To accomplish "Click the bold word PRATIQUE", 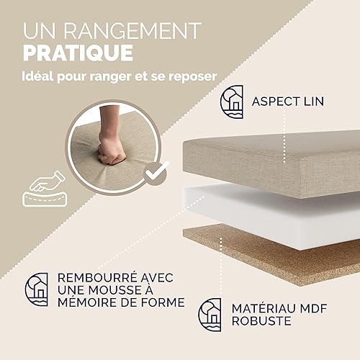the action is click(78, 53).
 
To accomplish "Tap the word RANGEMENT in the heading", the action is click(132, 30).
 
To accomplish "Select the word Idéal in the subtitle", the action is click(38, 76).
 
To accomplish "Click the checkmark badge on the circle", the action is click(156, 174).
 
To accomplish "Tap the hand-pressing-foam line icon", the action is click(45, 189).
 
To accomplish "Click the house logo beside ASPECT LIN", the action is click(232, 102).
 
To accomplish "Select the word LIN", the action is click(314, 102).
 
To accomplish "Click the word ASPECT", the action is click(276, 102).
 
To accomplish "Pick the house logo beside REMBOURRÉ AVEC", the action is click(37, 289).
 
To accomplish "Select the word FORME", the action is click(163, 302).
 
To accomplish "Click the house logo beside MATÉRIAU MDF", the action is click(210, 315).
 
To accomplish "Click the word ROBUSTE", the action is click(261, 321).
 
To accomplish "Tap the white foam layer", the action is click(271, 216).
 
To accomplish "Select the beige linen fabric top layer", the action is click(271, 163).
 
